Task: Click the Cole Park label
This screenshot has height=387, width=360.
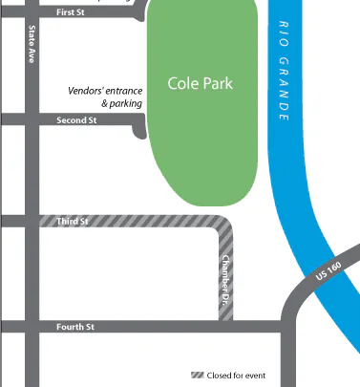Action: pos(200,84)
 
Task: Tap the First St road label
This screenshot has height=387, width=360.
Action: pos(72,12)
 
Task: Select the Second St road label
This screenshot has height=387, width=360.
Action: pos(76,120)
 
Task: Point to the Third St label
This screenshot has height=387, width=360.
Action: pos(73,222)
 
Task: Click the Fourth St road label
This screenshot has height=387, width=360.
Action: pos(74,328)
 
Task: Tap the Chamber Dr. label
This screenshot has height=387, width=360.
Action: pos(226,274)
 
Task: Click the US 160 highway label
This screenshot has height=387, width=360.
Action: pos(327,272)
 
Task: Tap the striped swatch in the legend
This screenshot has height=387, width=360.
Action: pos(199,374)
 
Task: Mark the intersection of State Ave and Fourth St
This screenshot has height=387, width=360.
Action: pos(32,328)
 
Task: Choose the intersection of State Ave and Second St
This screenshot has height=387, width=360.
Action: pos(32,120)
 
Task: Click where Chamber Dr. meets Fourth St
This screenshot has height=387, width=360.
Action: pos(226,326)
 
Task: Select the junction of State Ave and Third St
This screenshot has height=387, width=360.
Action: pos(32,222)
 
